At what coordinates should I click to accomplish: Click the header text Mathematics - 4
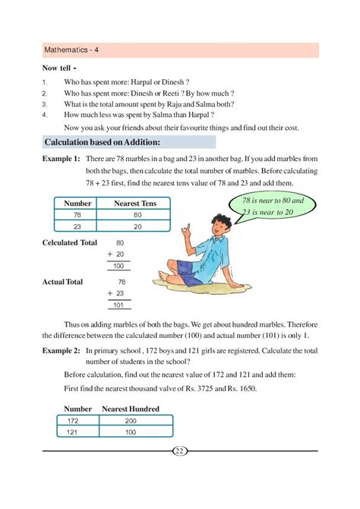(x=73, y=50)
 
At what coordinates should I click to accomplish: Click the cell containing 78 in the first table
(x=77, y=216)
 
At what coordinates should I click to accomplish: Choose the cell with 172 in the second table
(x=73, y=420)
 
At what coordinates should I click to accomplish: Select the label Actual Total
(x=63, y=281)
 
